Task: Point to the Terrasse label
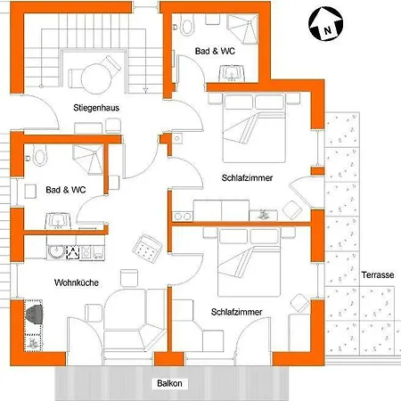378,275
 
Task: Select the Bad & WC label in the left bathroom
65,190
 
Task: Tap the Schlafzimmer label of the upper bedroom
247,178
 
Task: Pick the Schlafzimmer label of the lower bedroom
237,313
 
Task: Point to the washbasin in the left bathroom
60,220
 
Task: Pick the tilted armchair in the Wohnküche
147,245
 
